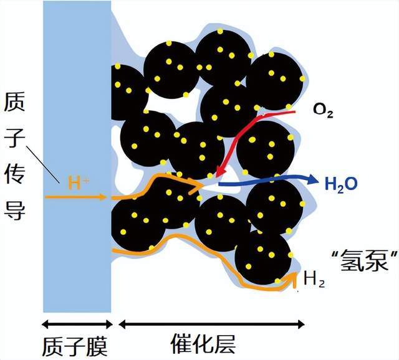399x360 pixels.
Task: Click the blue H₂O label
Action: pyautogui.click(x=341, y=184)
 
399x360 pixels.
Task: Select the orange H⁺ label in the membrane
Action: pyautogui.click(x=79, y=182)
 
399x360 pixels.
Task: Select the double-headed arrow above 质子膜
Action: pyautogui.click(x=77, y=324)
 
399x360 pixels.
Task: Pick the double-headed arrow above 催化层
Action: pyautogui.click(x=211, y=324)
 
